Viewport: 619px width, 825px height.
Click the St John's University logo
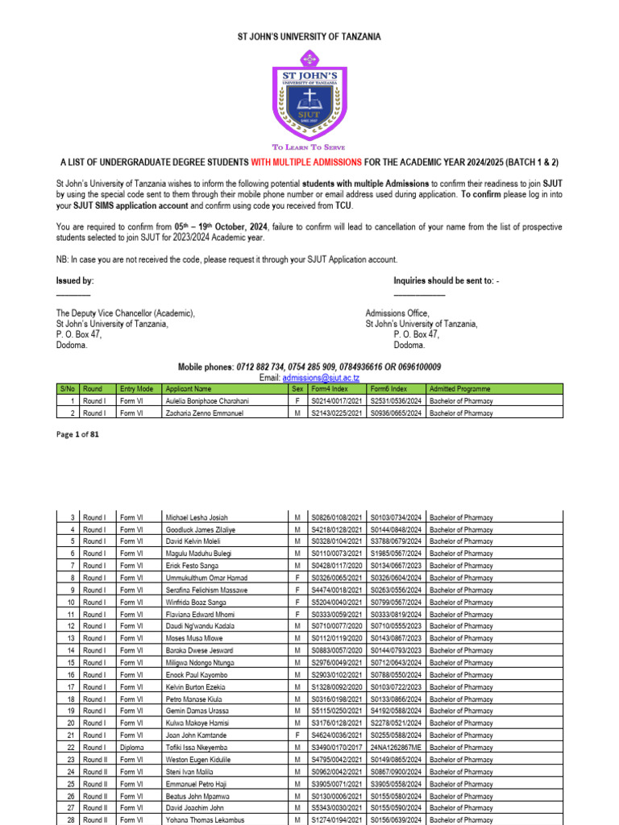(309, 94)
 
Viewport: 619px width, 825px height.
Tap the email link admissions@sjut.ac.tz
(321, 378)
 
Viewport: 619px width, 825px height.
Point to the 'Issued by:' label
(74, 280)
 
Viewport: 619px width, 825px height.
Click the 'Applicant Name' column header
(188, 389)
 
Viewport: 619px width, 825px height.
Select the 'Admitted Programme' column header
(460, 389)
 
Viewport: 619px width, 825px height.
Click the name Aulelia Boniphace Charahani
(207, 401)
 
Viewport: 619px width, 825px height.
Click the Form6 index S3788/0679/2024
(396, 541)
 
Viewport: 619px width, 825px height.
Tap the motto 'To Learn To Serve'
(309, 147)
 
